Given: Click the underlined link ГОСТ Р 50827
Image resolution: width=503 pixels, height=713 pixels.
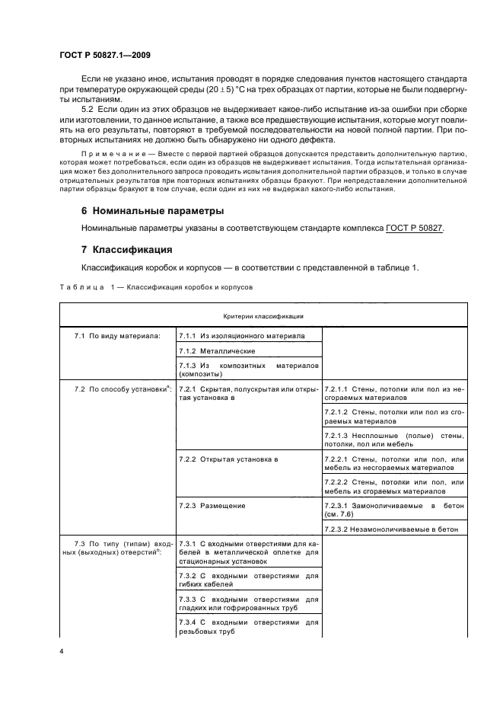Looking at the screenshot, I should (x=415, y=228).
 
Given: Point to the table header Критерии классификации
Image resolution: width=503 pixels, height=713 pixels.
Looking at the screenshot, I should (x=263, y=315).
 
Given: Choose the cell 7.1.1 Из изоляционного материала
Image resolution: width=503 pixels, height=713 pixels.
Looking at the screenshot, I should (x=241, y=335).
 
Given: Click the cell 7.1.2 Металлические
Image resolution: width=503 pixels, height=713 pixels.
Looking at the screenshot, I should (x=217, y=350).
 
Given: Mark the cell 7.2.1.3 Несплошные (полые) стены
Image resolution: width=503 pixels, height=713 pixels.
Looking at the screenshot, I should (x=393, y=439).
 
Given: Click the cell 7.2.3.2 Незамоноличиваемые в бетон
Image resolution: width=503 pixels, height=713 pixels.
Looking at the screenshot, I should (x=393, y=529).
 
